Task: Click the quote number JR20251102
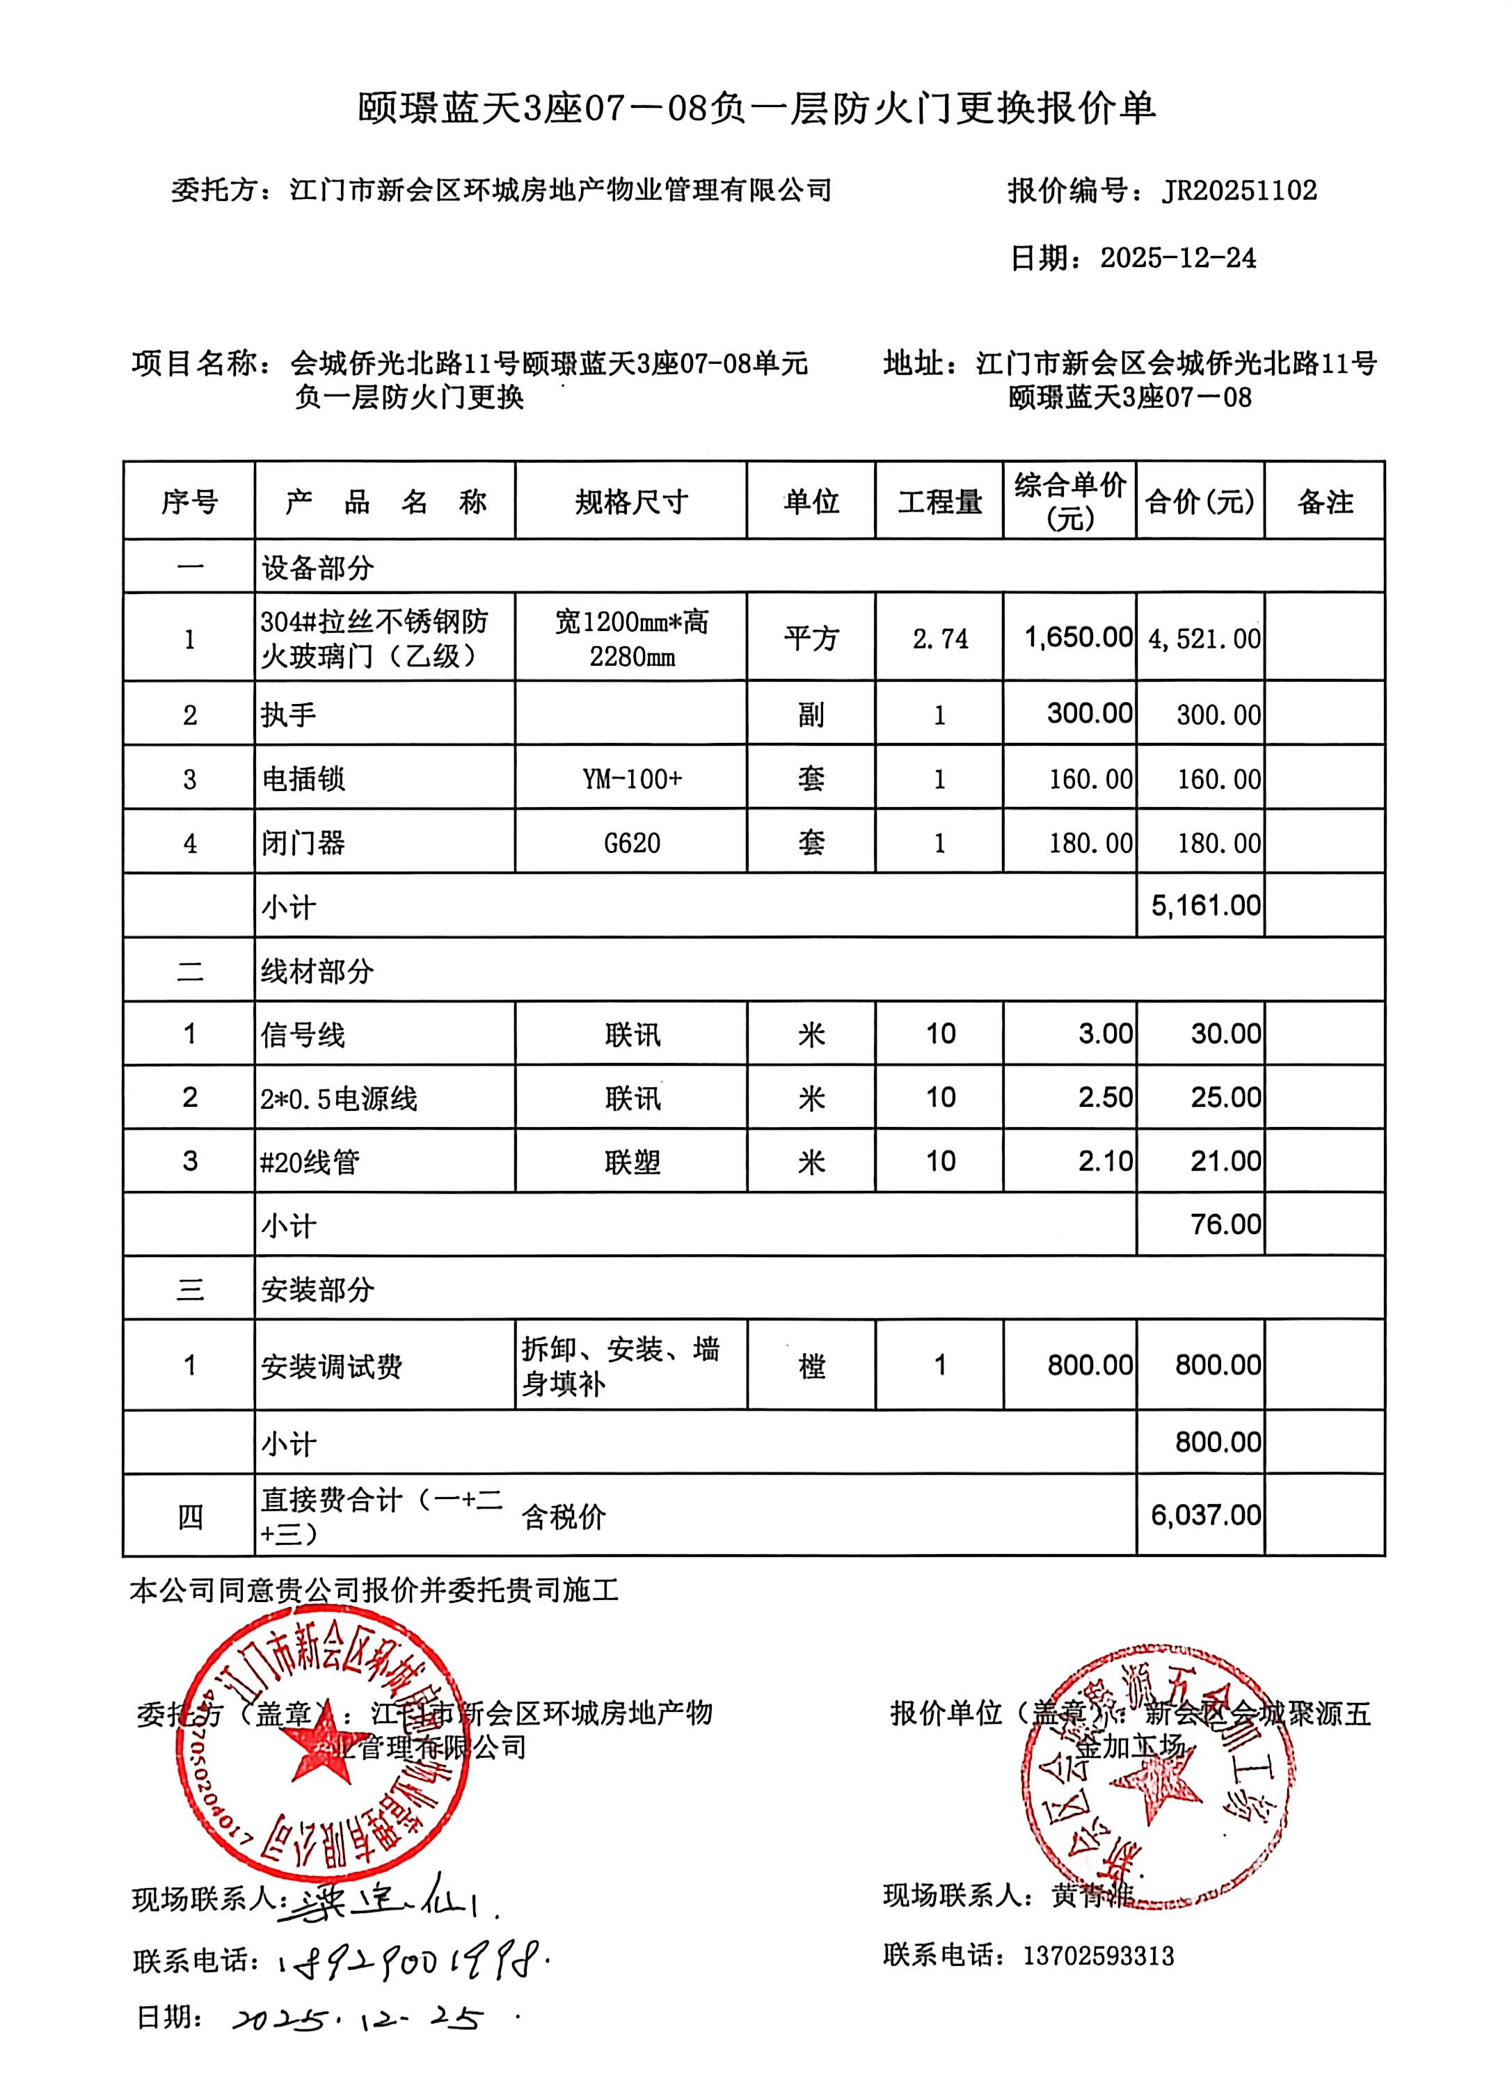click(x=1239, y=191)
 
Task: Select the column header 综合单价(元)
click(x=1069, y=501)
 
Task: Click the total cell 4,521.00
click(x=1204, y=639)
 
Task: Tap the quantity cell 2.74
click(x=939, y=639)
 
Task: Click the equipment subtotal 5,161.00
click(x=1204, y=906)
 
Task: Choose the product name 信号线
click(x=303, y=1035)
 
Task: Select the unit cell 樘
click(x=811, y=1366)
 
